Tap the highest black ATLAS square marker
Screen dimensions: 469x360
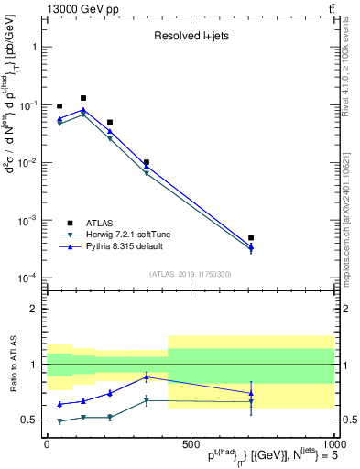(x=83, y=98)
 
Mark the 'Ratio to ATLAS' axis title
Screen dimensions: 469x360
(x=12, y=365)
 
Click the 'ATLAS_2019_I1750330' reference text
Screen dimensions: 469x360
(x=190, y=274)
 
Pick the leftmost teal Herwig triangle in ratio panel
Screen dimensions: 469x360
(x=60, y=421)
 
